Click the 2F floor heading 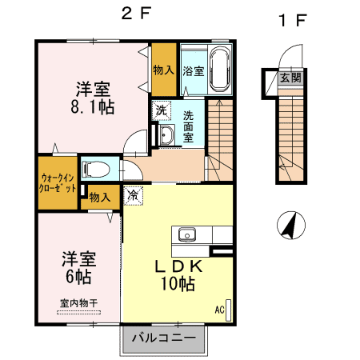click(x=137, y=13)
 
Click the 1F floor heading click(x=293, y=20)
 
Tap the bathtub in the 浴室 click(x=221, y=70)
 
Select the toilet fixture click(x=96, y=170)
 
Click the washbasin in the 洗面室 click(x=166, y=134)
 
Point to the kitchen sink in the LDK click(x=187, y=234)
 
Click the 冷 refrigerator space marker click(x=133, y=195)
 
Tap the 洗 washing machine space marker click(x=162, y=110)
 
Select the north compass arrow click(x=290, y=226)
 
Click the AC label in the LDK click(x=219, y=310)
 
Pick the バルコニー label click(x=163, y=338)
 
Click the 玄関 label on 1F click(x=290, y=78)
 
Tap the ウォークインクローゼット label click(x=58, y=183)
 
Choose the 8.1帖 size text click(x=93, y=107)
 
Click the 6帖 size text click(x=78, y=276)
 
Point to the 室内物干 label click(x=78, y=303)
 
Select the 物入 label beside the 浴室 click(x=164, y=70)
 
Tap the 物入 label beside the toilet click(x=100, y=198)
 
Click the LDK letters click(x=178, y=266)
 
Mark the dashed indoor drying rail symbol click(x=78, y=313)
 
